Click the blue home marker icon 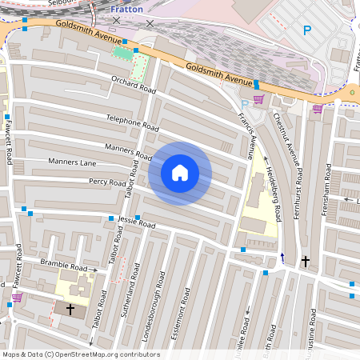(x=180, y=173)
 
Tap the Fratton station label (x=126, y=9)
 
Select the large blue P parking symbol (x=306, y=30)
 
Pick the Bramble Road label (x=63, y=265)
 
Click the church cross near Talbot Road (x=70, y=308)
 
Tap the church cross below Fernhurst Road (x=305, y=261)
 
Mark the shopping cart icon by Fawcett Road (x=17, y=298)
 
